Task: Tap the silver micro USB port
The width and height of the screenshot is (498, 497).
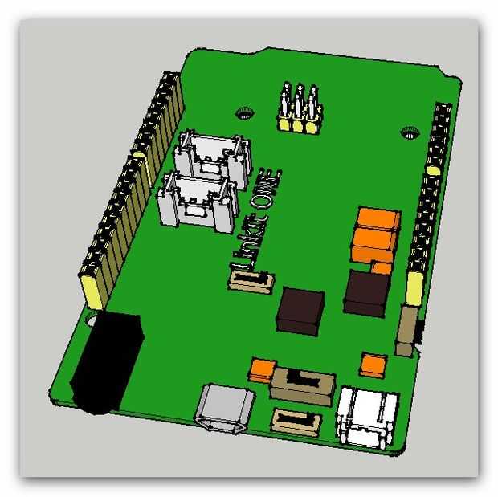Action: [x=225, y=409]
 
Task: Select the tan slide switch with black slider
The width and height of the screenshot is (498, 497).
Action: [x=303, y=386]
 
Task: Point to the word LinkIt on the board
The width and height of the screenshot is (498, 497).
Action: [x=250, y=242]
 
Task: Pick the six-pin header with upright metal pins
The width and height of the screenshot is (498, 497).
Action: [x=300, y=108]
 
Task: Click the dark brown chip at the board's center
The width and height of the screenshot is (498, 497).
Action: [x=300, y=312]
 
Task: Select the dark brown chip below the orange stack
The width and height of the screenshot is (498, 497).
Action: [x=367, y=293]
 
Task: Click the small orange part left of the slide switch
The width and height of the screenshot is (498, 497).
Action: [x=262, y=370]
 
